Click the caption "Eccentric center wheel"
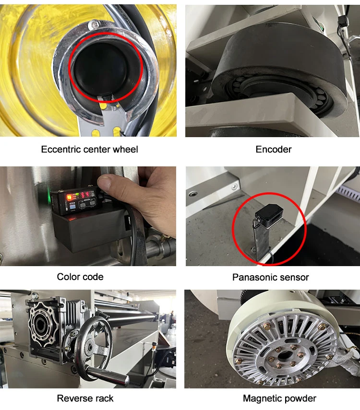click(x=89, y=149)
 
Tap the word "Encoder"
click(x=273, y=149)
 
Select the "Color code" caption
click(x=80, y=277)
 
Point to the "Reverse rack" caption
click(x=85, y=398)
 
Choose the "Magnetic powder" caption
click(x=279, y=398)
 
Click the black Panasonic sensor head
click(x=268, y=215)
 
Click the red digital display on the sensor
click(x=84, y=195)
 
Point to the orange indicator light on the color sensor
click(x=70, y=197)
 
